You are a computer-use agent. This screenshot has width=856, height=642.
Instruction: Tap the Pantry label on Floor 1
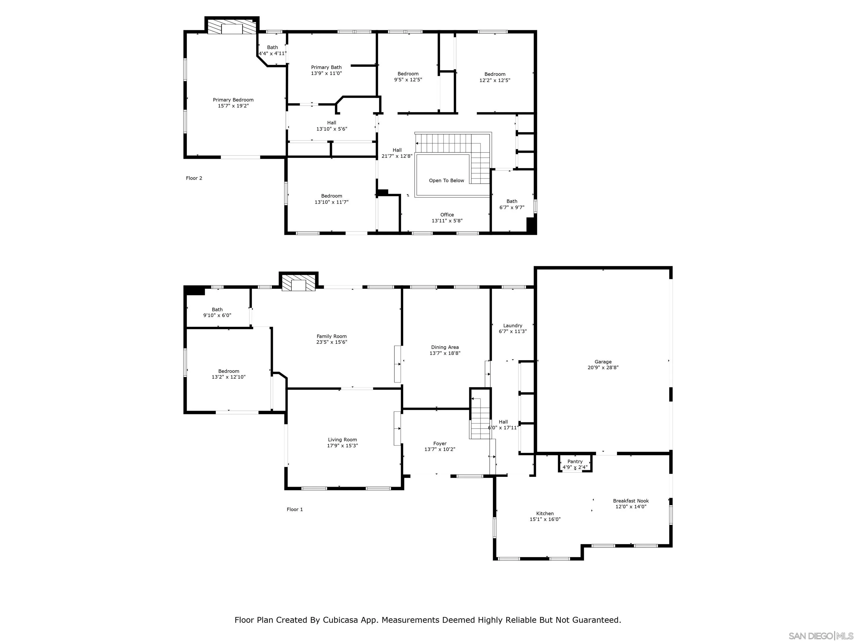point(575,461)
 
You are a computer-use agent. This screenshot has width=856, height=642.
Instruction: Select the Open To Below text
point(446,180)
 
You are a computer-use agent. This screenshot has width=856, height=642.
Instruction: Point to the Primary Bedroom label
point(233,100)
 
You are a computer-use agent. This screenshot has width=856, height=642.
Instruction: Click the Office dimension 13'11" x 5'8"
point(447,221)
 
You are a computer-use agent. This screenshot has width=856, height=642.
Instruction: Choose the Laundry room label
point(512,325)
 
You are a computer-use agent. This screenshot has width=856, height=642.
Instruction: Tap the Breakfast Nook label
point(631,501)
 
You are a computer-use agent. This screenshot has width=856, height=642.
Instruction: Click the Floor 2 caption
point(194,178)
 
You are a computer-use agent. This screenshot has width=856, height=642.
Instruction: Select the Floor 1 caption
point(295,509)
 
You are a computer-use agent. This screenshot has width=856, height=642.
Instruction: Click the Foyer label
point(440,444)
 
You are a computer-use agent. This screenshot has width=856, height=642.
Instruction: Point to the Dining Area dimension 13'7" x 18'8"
point(445,353)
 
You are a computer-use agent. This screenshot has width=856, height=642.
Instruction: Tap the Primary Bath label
point(326,67)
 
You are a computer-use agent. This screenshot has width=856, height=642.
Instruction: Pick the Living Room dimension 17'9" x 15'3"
point(342,445)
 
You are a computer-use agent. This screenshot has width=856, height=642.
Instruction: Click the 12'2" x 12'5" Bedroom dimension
point(495,80)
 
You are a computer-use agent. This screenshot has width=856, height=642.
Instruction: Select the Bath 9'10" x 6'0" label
point(217,310)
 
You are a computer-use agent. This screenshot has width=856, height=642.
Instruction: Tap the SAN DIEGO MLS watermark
point(820,636)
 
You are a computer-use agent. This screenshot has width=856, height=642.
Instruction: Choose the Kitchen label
point(544,514)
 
